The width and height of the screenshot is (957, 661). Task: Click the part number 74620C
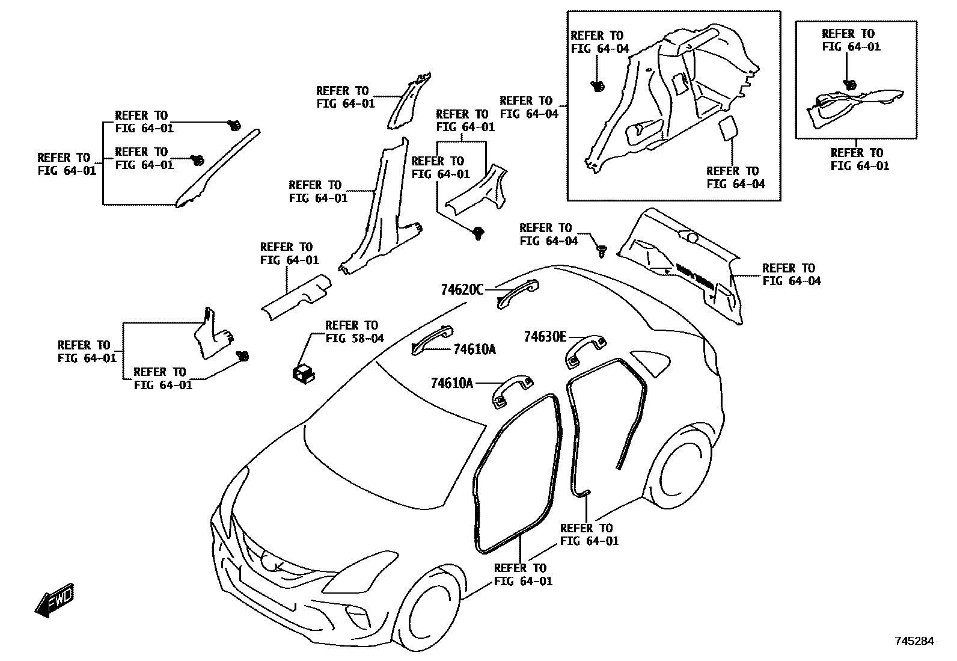coord(462,290)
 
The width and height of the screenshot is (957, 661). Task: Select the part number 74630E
coord(545,337)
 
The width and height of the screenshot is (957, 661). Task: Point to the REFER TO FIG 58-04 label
coord(354,332)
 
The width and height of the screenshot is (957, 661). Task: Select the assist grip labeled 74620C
coord(518,293)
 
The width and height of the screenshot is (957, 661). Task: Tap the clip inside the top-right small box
coord(849,85)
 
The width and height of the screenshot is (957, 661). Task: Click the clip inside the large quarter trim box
coord(598,86)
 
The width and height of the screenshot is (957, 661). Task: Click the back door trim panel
coord(685,265)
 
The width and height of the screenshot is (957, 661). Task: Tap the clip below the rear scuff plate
coord(478,232)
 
